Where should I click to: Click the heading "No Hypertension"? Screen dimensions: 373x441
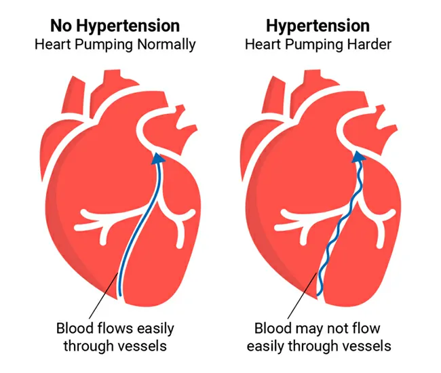(116, 26)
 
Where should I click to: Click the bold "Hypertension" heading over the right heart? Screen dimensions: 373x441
(318, 26)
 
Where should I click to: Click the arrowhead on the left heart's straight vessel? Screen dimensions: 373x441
(157, 159)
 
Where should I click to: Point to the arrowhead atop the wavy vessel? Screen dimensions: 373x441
(358, 159)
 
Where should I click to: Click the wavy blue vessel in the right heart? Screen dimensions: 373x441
(337, 231)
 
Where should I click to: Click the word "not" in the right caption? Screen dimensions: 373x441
(329, 329)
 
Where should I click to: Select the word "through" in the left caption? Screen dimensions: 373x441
(86, 346)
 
